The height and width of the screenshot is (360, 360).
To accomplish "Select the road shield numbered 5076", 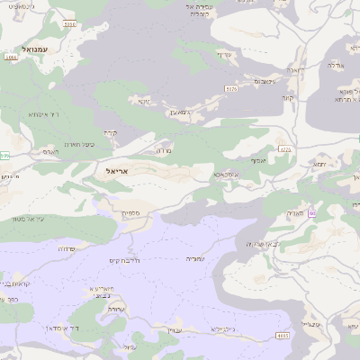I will [x=231, y=89].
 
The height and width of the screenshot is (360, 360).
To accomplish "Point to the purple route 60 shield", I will [x=311, y=213].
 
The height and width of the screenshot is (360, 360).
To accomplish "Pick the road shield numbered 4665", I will [x=283, y=336].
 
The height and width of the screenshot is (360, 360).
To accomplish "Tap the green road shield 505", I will [x=4, y=156].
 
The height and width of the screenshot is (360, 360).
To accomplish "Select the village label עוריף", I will [x=224, y=54].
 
